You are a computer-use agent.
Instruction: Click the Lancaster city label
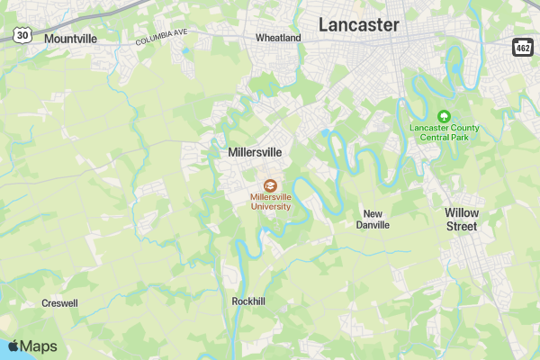(358, 25)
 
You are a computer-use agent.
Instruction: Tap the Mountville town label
(69, 39)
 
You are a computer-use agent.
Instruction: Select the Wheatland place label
(278, 39)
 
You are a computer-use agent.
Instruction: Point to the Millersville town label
(255, 153)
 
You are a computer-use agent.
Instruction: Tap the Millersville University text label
(271, 201)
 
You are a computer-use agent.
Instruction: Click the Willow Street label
(462, 219)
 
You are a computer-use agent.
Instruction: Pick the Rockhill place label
(248, 301)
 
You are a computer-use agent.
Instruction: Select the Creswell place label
(59, 303)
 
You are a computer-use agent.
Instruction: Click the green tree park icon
(443, 116)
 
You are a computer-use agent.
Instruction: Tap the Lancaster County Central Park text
(444, 133)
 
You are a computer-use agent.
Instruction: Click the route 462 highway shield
(524, 46)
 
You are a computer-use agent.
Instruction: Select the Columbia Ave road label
(161, 36)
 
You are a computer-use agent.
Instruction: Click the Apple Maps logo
(32, 346)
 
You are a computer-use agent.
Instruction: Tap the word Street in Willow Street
(462, 226)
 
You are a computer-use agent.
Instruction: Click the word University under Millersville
(271, 206)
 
